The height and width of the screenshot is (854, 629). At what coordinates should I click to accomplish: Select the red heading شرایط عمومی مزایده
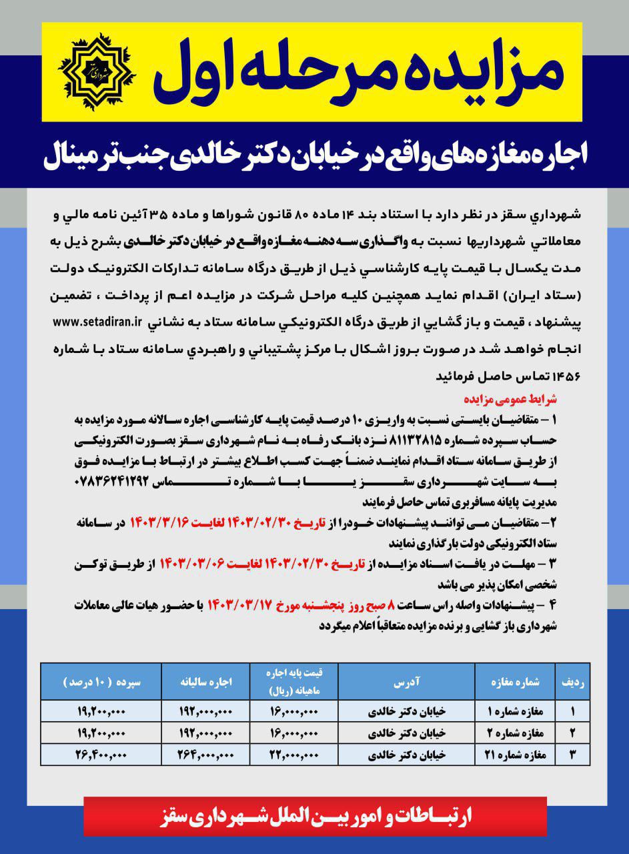(x=509, y=400)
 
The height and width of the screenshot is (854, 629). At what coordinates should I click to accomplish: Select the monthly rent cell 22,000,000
(x=294, y=755)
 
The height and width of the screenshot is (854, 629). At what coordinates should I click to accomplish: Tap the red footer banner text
(x=314, y=818)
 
